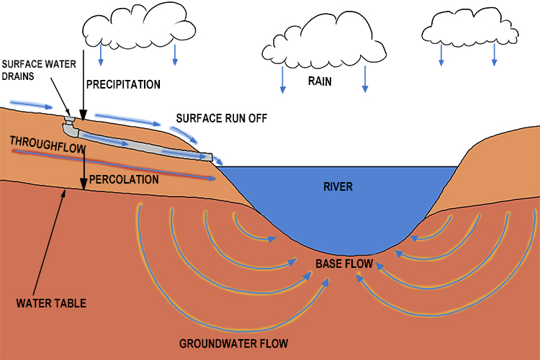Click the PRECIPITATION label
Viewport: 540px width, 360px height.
point(123,84)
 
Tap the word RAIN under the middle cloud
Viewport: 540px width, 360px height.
point(320,81)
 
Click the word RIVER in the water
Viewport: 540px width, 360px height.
point(338,186)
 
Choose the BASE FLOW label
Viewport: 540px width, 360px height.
point(344,264)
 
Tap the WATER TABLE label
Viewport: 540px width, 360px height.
point(51,303)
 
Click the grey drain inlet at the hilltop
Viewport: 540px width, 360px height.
point(70,120)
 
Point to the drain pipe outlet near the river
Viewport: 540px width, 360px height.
point(207,156)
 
